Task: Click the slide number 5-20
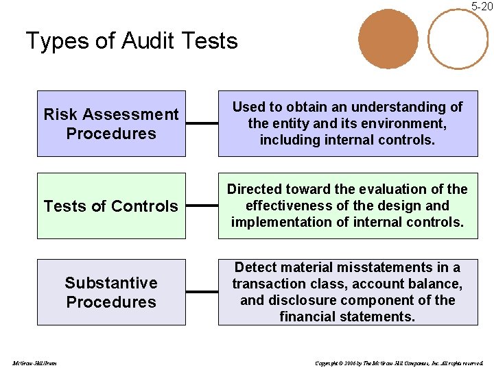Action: tap(482, 6)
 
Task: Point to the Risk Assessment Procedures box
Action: tap(111, 123)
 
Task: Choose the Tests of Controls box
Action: tap(111, 206)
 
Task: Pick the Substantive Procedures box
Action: tap(111, 292)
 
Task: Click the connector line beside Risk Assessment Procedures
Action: tap(202, 124)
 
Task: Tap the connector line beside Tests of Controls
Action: tap(202, 206)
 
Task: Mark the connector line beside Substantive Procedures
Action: tap(202, 292)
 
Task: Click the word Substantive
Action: tap(111, 282)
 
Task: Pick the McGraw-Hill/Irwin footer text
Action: tap(34, 362)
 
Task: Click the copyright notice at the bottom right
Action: tap(399, 362)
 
